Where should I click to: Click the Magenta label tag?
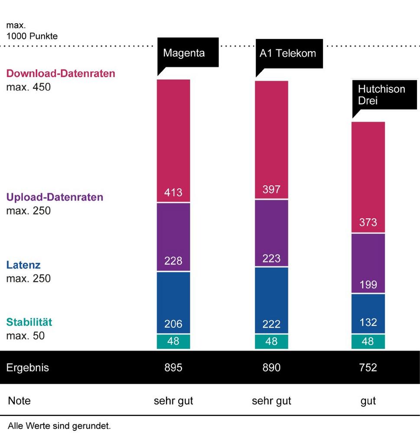(184, 53)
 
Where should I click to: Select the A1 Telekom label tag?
(288, 53)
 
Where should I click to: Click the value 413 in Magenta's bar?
(173, 192)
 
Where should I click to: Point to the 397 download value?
(271, 189)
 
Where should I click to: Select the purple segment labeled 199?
(368, 264)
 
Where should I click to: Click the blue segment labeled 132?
(368, 314)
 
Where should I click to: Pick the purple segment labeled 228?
(173, 237)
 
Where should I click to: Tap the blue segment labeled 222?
(271, 300)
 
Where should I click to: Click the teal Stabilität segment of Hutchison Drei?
(368, 342)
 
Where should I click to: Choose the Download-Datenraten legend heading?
(61, 74)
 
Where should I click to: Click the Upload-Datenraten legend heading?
(55, 197)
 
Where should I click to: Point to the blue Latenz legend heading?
(23, 265)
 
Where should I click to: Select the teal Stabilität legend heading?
(29, 322)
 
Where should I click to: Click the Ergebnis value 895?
(173, 368)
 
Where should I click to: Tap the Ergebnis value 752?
(368, 368)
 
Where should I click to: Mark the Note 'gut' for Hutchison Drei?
(368, 401)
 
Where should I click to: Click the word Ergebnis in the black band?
(27, 368)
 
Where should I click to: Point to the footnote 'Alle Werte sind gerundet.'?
(59, 426)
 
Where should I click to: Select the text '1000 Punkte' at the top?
(32, 36)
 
